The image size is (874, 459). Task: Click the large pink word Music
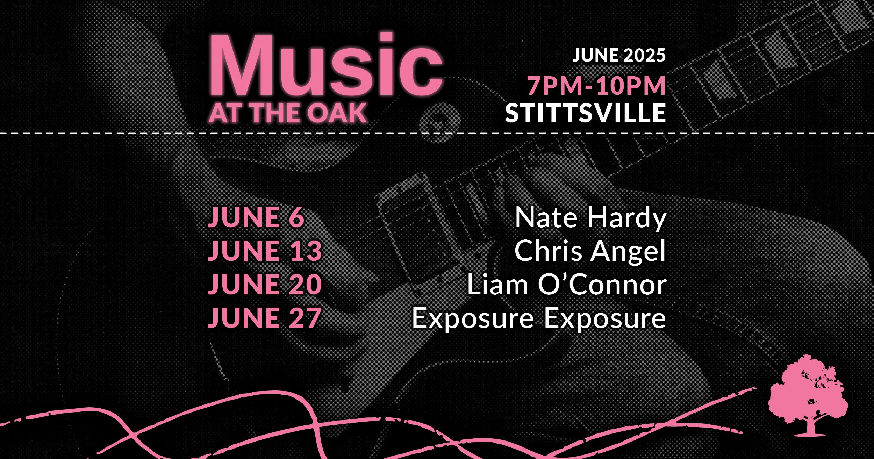pos(326,65)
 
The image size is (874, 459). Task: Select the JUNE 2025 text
pos(619,55)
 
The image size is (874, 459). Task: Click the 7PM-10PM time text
pos(596,85)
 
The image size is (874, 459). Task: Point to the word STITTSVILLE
pos(586,113)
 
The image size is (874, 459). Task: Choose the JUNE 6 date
pos(256,217)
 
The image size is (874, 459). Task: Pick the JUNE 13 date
pos(265,250)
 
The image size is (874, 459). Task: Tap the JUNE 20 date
pos(265,284)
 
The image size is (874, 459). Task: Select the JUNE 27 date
pos(265,317)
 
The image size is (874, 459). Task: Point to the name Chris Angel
pos(590,251)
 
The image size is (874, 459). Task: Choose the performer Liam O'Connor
pos(567,284)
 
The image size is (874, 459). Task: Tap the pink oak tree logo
pos(808,396)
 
